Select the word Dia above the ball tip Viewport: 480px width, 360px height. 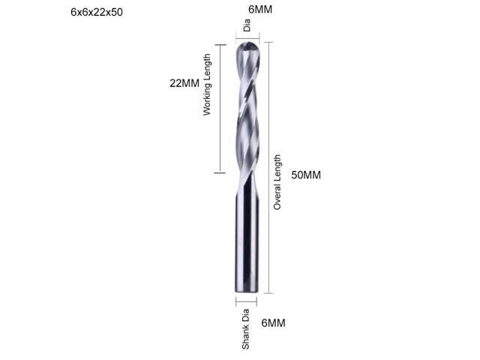point(247,26)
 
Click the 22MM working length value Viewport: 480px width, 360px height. point(184,83)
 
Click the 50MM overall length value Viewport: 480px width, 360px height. point(306,175)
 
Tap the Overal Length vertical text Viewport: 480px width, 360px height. point(277,182)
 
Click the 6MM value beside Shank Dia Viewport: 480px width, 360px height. point(273,323)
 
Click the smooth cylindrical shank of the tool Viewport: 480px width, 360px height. point(247,240)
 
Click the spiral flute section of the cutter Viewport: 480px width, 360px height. point(248,112)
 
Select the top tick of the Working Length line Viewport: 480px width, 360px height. point(220,44)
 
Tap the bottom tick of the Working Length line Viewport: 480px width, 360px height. point(220,172)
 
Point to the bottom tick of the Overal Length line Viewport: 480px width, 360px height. point(268,293)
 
